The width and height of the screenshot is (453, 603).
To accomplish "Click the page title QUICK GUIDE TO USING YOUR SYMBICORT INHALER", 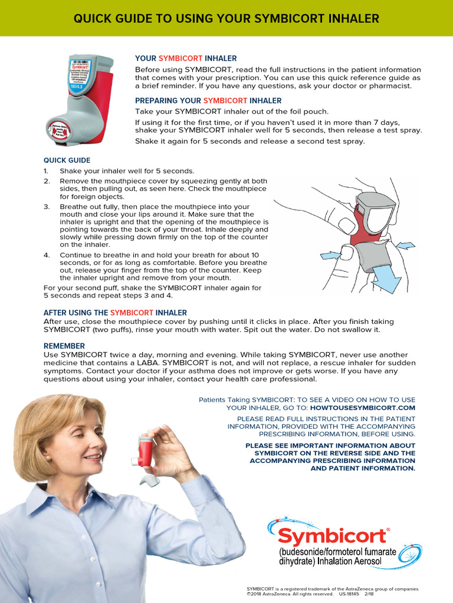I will (226, 19).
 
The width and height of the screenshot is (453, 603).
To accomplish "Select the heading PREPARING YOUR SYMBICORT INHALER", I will (208, 101).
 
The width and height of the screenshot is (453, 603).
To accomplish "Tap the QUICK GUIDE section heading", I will (67, 160).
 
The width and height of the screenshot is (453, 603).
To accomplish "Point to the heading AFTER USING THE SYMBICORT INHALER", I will (115, 313).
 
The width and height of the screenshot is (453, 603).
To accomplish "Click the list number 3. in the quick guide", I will (47, 207).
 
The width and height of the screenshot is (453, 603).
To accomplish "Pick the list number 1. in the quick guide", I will (47, 171).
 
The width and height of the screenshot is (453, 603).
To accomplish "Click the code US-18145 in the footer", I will (349, 594).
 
